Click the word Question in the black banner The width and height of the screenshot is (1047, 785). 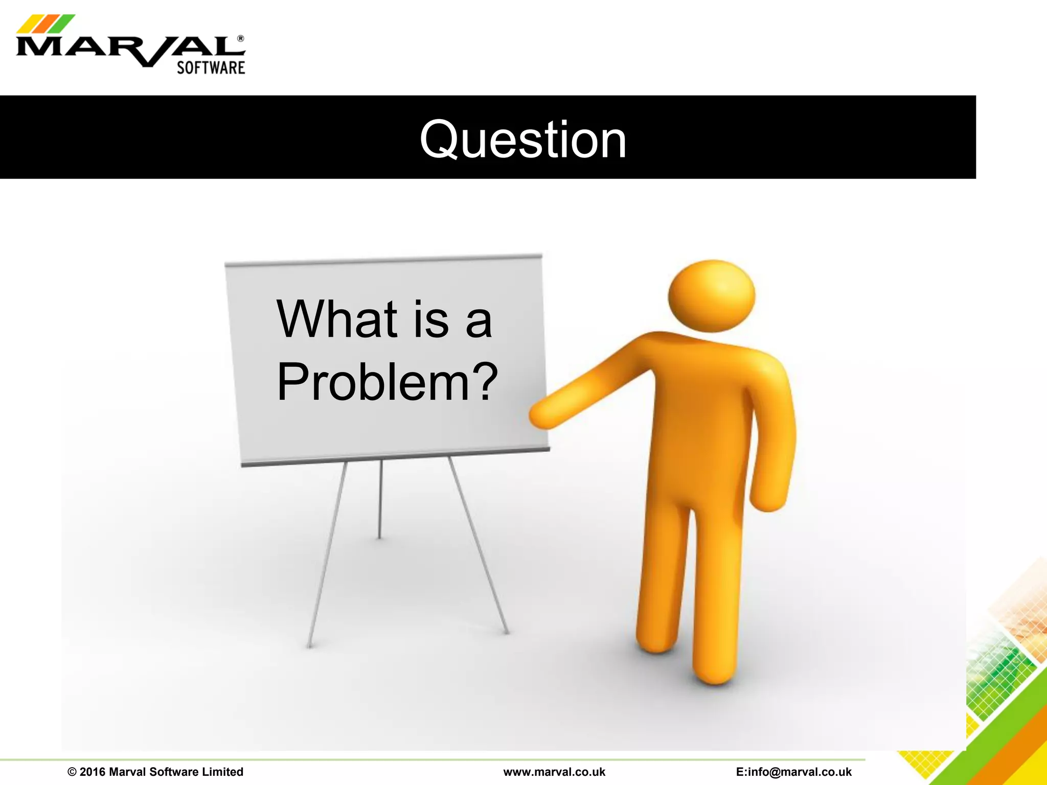pos(522,140)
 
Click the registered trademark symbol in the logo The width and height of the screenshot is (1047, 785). pos(241,39)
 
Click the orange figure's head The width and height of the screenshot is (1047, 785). pos(711,296)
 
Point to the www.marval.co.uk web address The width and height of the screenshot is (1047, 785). pos(554,772)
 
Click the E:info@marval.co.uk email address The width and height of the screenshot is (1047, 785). pos(793,772)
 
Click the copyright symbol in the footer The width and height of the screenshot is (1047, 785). pos(72,772)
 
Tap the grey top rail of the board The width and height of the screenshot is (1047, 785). pos(383,260)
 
